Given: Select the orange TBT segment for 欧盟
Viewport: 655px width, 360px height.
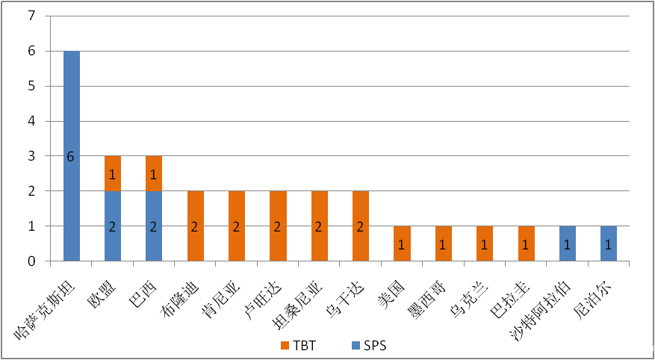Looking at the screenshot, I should [113, 173].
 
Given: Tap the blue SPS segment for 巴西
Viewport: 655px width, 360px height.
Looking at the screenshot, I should [154, 226].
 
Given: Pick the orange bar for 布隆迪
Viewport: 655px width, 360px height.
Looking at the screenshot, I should [196, 226].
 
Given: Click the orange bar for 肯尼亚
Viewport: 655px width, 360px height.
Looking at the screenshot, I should [237, 226].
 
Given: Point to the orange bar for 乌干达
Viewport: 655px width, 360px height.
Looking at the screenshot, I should [361, 226].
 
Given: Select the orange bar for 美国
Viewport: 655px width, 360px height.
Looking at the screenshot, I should [403, 243].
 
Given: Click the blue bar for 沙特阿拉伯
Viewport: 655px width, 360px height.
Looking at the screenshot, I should [568, 243].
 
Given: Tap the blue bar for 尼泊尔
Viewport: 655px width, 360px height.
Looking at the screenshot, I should [609, 243].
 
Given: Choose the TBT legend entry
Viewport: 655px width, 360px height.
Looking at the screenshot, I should [298, 345].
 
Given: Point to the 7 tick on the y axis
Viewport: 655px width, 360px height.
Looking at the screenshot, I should [31, 16].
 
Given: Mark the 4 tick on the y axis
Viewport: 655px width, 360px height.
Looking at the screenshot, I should [31, 121].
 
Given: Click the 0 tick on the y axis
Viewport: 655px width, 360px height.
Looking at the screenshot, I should [31, 261].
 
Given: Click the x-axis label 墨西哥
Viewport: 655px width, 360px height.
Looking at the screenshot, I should [428, 294].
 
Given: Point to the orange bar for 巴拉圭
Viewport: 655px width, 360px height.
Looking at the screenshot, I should [526, 243].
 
